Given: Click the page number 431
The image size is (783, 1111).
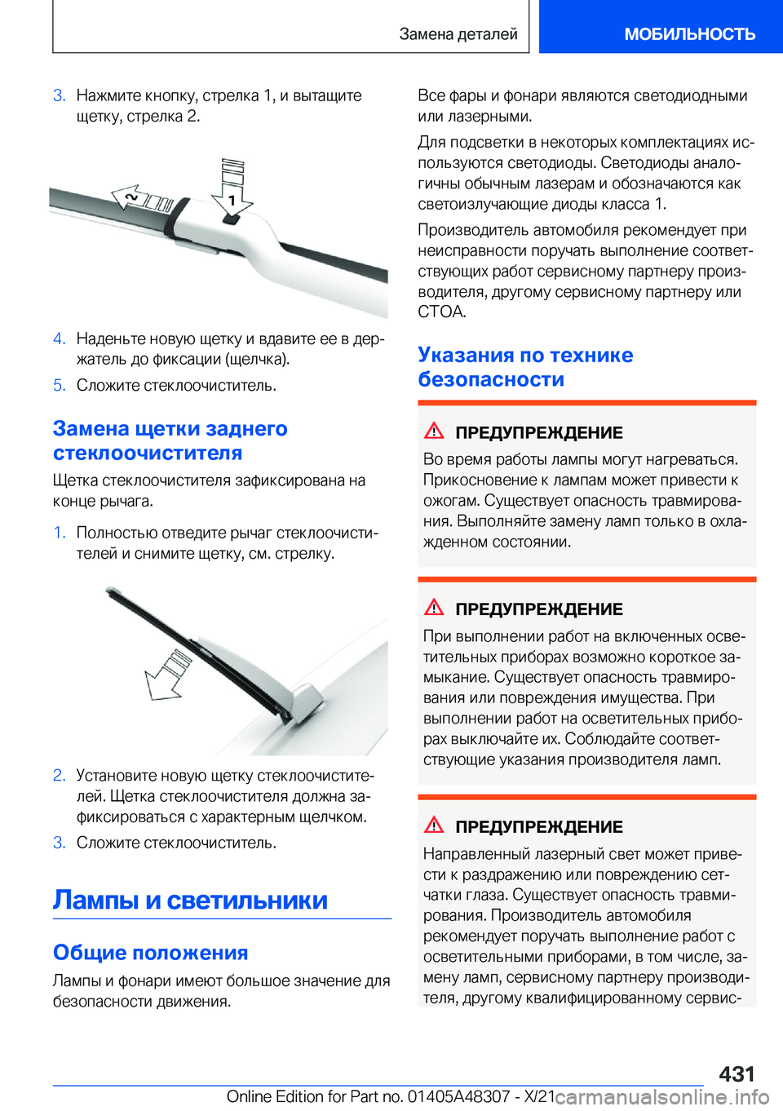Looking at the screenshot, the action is pyautogui.click(x=737, y=1074).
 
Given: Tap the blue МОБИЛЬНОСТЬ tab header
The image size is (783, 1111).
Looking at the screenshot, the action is pyautogui.click(x=690, y=33).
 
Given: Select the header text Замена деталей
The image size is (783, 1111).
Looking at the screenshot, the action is pyautogui.click(x=458, y=33).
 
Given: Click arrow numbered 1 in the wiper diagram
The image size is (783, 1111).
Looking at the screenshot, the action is pyautogui.click(x=232, y=188).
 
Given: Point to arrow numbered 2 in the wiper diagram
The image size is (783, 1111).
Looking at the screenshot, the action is pyautogui.click(x=141, y=198).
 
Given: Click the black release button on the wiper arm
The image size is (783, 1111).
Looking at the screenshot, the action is pyautogui.click(x=232, y=219).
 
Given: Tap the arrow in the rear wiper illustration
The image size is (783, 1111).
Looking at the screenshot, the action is pyautogui.click(x=167, y=674).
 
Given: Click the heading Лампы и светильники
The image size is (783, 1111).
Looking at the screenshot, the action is pyautogui.click(x=190, y=901).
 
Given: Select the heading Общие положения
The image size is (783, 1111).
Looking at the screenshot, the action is pyautogui.click(x=151, y=953).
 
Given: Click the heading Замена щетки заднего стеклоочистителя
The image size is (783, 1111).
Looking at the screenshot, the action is pyautogui.click(x=170, y=440).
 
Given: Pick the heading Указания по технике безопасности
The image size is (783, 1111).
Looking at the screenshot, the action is pyautogui.click(x=525, y=367).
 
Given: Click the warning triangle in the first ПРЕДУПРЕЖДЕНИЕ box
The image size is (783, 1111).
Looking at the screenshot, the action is pyautogui.click(x=434, y=431).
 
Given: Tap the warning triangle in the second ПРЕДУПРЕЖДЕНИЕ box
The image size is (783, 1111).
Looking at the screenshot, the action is pyautogui.click(x=434, y=607).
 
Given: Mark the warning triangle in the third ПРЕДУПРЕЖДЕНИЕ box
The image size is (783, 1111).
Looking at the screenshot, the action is pyautogui.click(x=434, y=825).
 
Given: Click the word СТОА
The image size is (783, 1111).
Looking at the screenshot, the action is pyautogui.click(x=441, y=312).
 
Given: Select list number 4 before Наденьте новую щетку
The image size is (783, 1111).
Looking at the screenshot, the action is pyautogui.click(x=59, y=339).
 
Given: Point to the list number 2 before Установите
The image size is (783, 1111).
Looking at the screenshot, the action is pyautogui.click(x=59, y=775).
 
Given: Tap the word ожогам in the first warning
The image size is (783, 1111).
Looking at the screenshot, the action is pyautogui.click(x=450, y=501).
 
